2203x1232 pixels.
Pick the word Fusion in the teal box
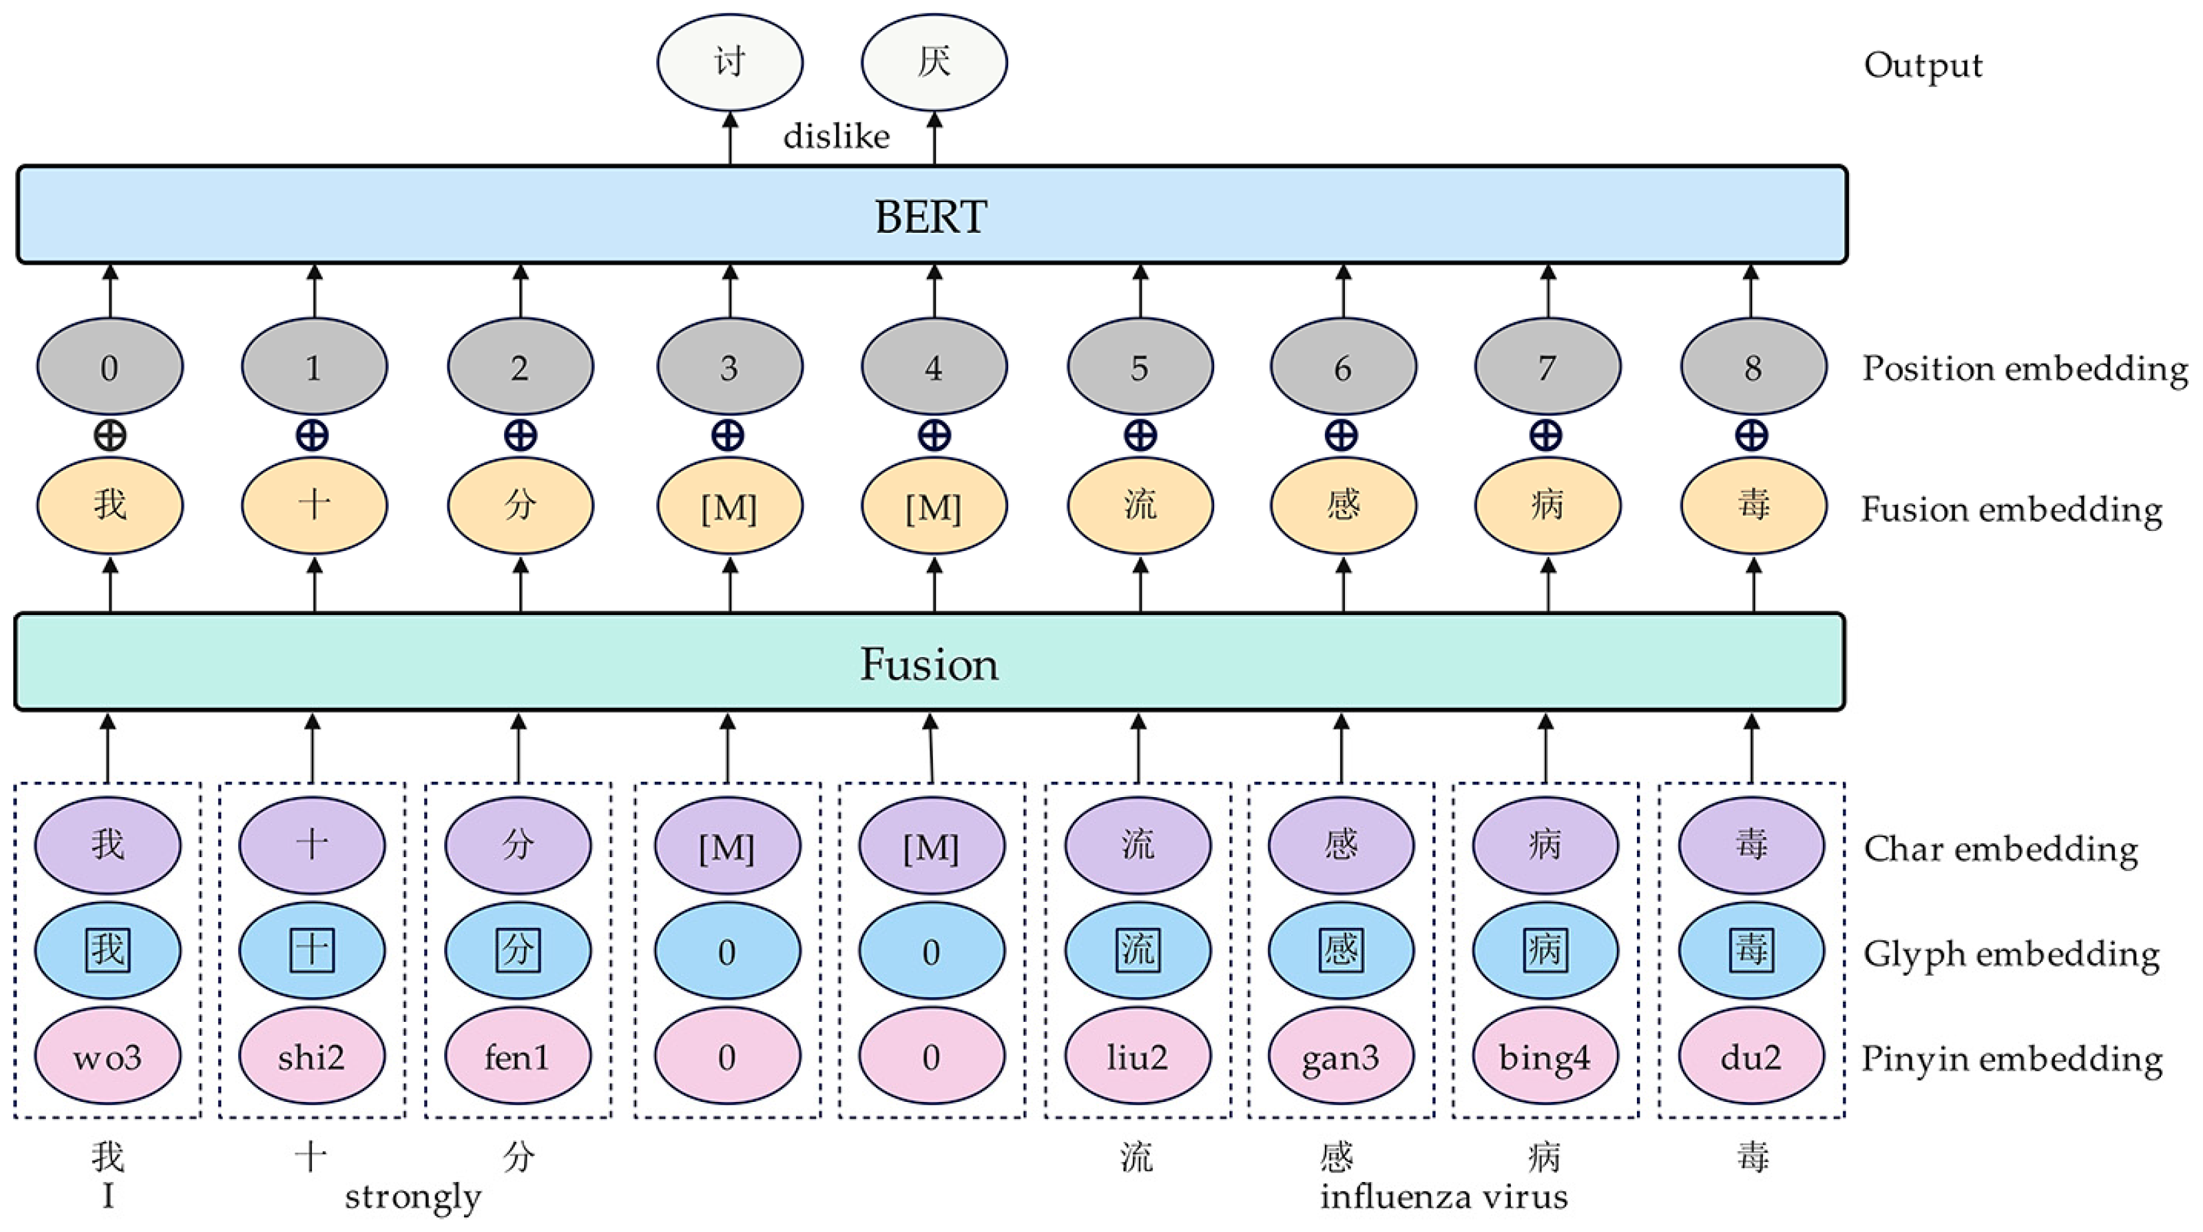929,664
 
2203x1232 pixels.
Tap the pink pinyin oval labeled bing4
1544,1057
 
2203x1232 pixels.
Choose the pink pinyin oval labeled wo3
108,1057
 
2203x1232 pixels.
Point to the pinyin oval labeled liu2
1138,1057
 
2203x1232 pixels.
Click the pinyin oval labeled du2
1751,1057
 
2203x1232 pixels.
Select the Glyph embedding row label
2012,954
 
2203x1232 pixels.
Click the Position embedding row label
2024,369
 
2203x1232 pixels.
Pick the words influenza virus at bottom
1444,1196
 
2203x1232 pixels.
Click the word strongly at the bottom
413,1196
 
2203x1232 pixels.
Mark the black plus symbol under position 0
109,436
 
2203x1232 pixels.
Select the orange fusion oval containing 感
1343,506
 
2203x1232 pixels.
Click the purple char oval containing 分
518,845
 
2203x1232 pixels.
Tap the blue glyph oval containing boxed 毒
1751,951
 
